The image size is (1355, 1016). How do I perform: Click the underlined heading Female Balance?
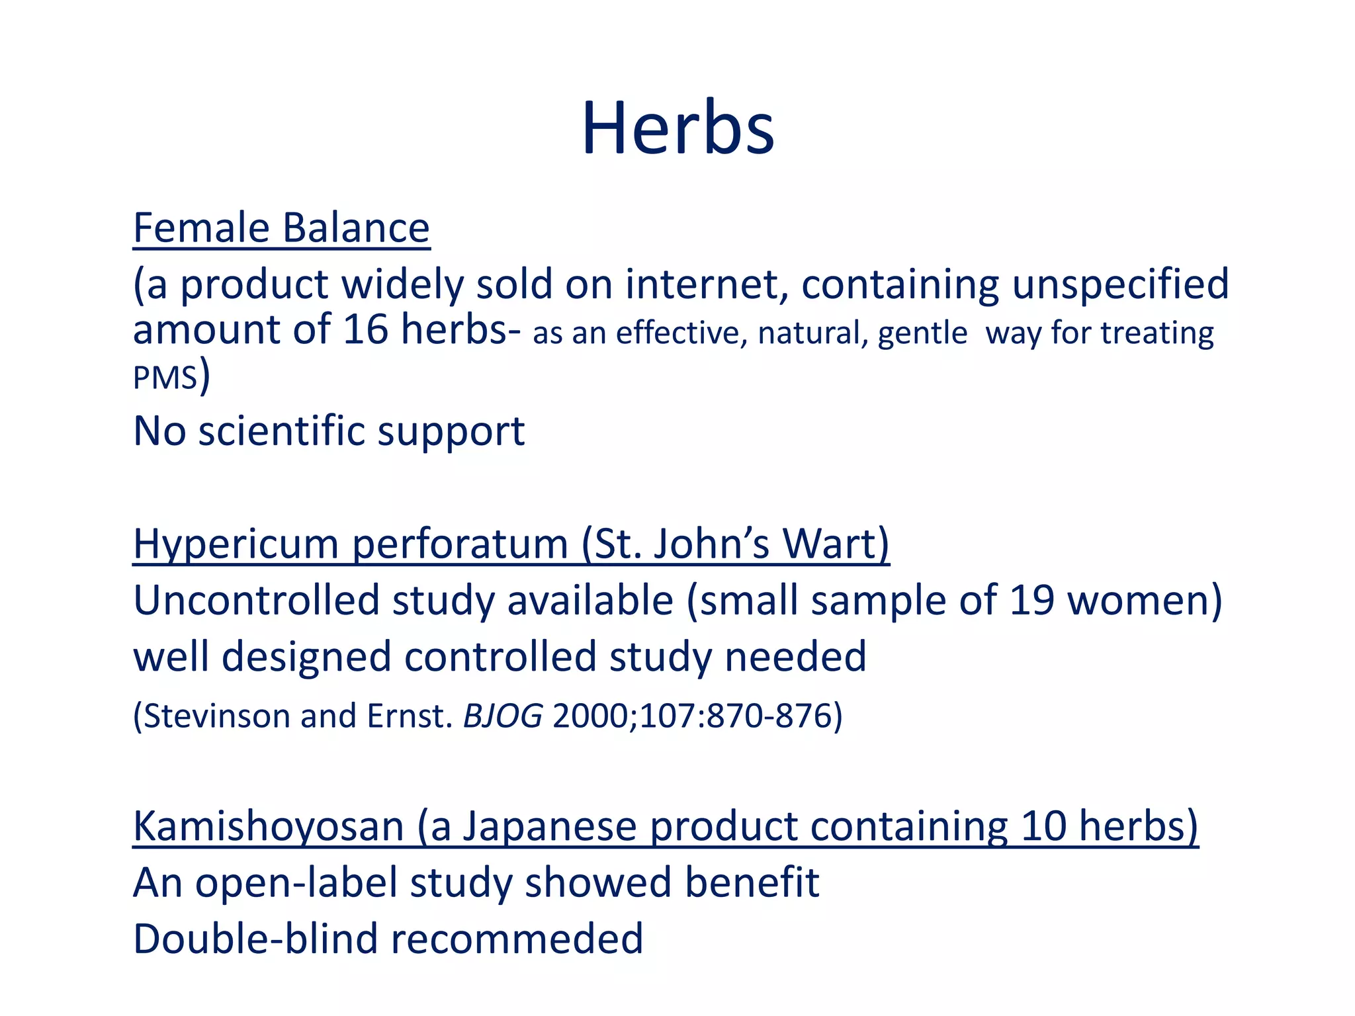281,228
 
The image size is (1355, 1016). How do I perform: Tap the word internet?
707,284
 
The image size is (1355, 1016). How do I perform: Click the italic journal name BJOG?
503,716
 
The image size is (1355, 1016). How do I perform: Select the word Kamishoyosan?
268,827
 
